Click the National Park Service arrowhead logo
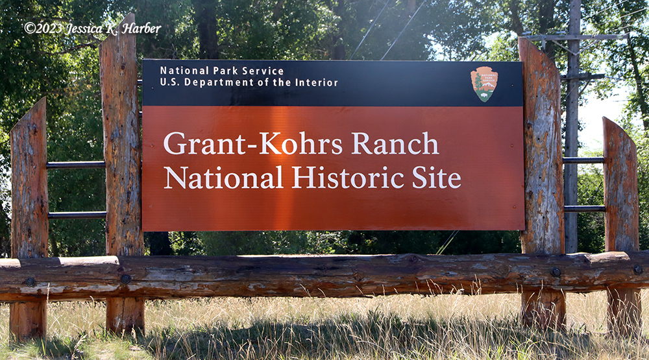click(484, 84)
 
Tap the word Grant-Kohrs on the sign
click(253, 143)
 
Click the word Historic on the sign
click(348, 177)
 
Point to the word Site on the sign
click(436, 177)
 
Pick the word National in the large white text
click(223, 177)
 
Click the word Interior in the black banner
click(317, 82)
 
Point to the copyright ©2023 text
click(43, 28)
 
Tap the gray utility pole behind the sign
click(572, 124)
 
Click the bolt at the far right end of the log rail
click(638, 269)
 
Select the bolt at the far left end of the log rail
click(31, 282)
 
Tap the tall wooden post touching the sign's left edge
click(122, 174)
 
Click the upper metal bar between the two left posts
click(76, 165)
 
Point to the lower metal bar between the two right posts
click(585, 209)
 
